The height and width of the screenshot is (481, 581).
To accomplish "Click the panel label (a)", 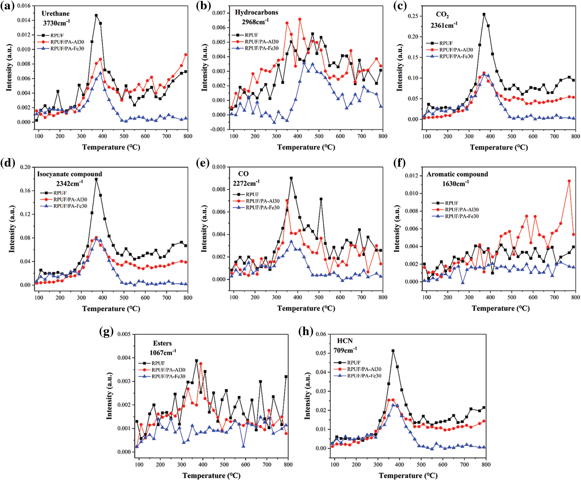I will [x=7, y=6].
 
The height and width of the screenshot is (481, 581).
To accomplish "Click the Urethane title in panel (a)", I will [x=55, y=13].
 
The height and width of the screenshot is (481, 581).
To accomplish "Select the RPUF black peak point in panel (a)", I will [x=96, y=15].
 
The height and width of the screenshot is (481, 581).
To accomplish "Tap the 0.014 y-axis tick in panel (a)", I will [x=23, y=20].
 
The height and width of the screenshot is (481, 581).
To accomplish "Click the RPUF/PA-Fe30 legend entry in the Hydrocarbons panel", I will [x=261, y=48].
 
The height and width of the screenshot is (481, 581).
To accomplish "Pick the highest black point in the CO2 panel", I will [x=484, y=14].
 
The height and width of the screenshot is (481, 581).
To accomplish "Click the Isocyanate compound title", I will [x=69, y=174].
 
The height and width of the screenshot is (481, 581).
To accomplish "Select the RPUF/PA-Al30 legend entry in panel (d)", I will [x=70, y=200].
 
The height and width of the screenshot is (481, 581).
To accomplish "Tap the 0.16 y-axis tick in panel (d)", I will [x=25, y=191].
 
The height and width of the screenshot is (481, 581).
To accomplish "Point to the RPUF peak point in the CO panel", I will [x=291, y=178].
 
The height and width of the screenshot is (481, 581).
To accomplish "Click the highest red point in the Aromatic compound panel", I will [x=569, y=181].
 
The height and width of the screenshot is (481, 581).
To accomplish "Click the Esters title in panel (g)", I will [x=162, y=343].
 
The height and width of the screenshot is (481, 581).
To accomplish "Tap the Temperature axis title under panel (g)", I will [x=211, y=476].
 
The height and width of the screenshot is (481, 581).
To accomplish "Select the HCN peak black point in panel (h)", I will [x=393, y=351].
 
